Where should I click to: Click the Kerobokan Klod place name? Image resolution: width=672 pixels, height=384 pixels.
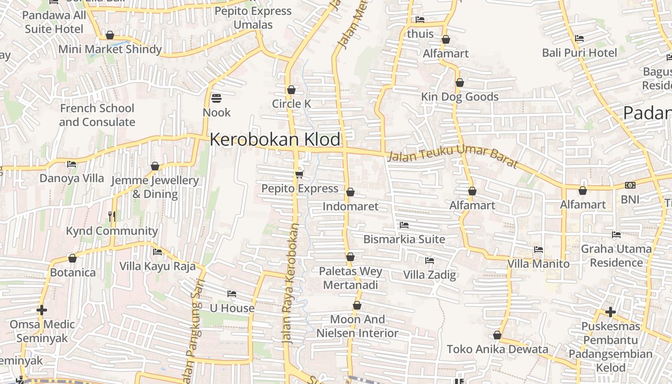pos(275,140)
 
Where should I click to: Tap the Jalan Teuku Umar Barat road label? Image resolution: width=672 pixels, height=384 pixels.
pos(453,158)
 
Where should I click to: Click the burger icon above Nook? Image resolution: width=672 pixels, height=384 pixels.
pos(216,98)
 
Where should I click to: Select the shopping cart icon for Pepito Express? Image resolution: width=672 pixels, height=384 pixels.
pos(300,174)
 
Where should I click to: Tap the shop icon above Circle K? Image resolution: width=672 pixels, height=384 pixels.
pos(291,90)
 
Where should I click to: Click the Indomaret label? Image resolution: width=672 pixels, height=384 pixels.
pos(350,206)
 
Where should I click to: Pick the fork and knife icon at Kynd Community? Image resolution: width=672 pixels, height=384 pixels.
pos(112,216)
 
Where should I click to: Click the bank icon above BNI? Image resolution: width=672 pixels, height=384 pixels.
pos(630,185)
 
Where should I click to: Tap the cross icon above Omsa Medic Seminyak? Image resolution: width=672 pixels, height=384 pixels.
pos(42,310)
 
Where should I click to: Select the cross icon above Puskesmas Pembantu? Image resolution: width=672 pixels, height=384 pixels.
pos(610,312)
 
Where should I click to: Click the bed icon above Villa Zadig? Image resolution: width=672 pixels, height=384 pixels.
pos(429,261)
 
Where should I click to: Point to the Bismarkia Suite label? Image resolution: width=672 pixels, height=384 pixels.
pos(404,239)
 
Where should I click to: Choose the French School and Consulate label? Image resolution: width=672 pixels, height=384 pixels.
pos(97,115)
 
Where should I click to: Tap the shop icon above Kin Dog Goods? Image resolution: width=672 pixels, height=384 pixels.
pos(459,83)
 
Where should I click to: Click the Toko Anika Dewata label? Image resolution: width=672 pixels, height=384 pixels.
pos(497,349)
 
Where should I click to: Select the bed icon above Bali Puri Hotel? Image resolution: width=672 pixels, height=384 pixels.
pos(579,38)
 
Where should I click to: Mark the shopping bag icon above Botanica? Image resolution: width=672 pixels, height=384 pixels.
pos(72,258)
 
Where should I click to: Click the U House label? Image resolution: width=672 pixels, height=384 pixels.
pos(232,308)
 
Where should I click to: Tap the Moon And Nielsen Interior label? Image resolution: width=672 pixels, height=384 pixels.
pos(357,326)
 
